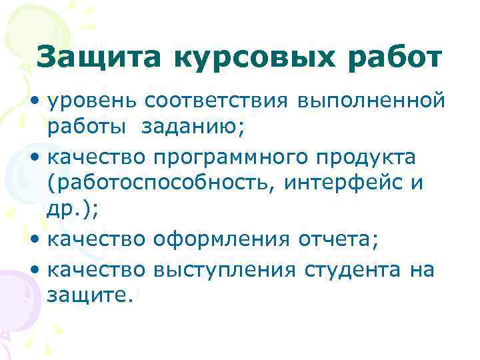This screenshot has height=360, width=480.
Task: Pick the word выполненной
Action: coord(371,101)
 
